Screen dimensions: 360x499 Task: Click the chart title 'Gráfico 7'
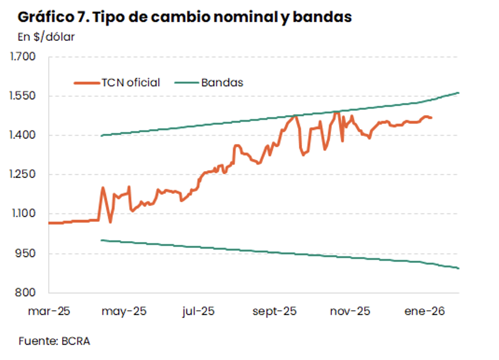(185, 17)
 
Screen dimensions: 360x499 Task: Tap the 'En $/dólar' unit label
(46, 37)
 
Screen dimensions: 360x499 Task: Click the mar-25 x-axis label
(49, 312)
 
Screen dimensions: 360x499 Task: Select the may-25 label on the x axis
(124, 312)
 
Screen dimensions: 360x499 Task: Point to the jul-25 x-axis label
(198, 312)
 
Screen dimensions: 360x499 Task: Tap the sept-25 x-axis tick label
(274, 312)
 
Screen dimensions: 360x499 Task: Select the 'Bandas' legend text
(222, 82)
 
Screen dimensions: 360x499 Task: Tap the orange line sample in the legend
(86, 82)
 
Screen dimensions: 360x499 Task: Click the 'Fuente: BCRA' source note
(54, 341)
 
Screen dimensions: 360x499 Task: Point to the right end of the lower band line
(459, 268)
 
